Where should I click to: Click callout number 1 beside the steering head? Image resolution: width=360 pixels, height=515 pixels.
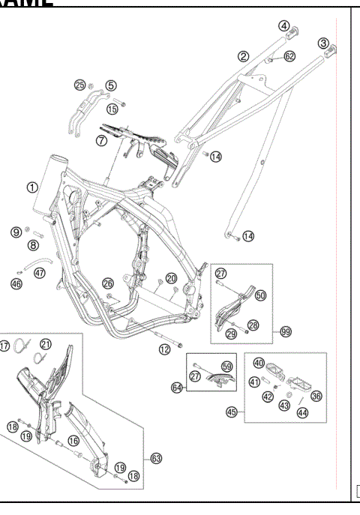(x=32, y=187)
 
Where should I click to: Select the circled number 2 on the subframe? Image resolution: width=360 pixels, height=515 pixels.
(x=244, y=55)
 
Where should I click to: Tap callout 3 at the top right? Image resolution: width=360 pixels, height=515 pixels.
(x=324, y=43)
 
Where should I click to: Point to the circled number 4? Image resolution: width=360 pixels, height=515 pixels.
(x=284, y=25)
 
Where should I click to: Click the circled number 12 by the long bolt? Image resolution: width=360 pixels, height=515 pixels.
(x=163, y=349)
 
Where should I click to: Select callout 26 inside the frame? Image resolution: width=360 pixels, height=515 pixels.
(x=108, y=283)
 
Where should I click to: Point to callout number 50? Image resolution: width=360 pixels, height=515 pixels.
(x=260, y=296)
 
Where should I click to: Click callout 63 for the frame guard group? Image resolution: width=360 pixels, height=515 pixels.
(x=156, y=457)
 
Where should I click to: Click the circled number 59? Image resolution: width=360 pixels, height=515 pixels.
(x=226, y=367)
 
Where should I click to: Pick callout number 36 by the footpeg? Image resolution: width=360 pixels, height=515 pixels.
(x=316, y=397)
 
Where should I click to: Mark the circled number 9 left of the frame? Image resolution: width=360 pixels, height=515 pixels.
(x=16, y=232)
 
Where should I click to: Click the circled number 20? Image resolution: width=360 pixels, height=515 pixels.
(x=171, y=278)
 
